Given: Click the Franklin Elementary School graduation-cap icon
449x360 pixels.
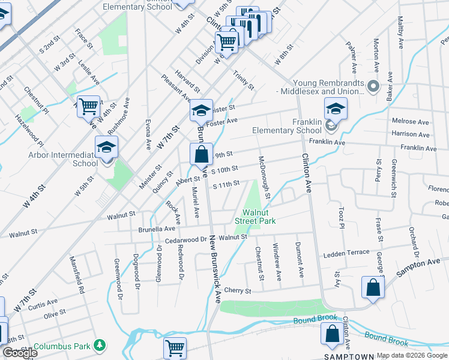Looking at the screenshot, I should pos(336,109).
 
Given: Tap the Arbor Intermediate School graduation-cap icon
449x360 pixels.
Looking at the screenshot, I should pos(106,147).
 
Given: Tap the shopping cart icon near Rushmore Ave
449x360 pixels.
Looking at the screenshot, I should pos(88,107).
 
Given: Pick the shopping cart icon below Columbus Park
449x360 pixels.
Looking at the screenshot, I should pos(175,347).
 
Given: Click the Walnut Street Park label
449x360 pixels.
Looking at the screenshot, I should pos(259,217).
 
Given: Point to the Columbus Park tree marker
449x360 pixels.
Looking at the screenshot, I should pos(100,346).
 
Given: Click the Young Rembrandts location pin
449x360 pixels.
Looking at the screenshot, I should pos(373,88).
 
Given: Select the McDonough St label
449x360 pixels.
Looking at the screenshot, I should pos(264,178).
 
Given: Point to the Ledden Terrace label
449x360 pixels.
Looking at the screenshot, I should pos(346,253).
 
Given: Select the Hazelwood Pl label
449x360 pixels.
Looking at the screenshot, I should pos(29,130).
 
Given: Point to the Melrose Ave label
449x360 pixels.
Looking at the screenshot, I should pos(411,121).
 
